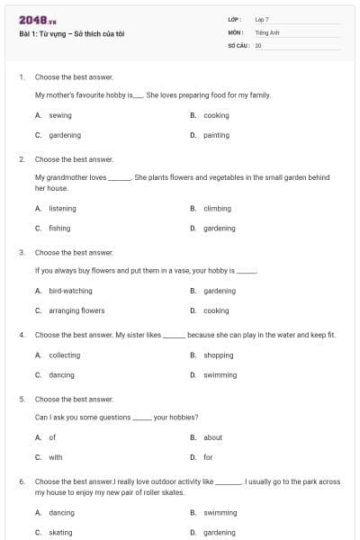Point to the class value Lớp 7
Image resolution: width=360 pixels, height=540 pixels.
pos(262,19)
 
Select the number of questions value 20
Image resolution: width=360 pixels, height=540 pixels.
pos(258,44)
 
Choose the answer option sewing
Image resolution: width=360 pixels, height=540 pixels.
pos(60,115)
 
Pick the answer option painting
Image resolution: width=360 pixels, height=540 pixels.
pos(216,135)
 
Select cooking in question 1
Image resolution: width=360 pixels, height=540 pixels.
pos(216,115)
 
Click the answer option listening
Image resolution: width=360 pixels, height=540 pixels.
pos(62,208)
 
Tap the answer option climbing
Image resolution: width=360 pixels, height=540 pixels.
pos(217,208)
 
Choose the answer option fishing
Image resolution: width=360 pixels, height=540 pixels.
pos(59,228)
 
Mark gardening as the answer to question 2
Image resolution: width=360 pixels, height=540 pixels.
pos(219,228)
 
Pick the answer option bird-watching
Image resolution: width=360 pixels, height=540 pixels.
pos(70,291)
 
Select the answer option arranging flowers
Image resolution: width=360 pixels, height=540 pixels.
pos(76,310)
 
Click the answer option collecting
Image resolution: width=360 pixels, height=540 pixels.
pos(64,355)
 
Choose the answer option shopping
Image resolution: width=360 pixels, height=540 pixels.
pos(218,355)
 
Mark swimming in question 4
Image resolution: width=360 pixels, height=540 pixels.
pos(220,374)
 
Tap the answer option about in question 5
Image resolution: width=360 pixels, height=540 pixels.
pos(212,437)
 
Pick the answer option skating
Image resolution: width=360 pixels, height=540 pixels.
pos(60,532)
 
